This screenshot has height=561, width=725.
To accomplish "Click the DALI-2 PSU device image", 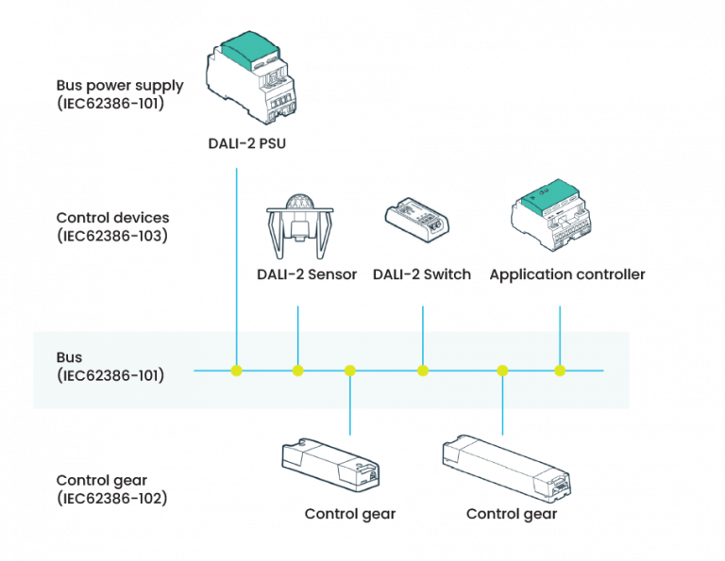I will pos(250,77).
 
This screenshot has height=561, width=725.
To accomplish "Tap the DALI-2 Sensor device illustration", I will pos(297,227).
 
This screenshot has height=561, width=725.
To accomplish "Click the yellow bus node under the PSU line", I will pos(236,371).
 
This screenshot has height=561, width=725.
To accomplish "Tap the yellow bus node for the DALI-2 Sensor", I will pos(297,371).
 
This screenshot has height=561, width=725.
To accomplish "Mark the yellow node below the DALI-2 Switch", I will pos(423,371).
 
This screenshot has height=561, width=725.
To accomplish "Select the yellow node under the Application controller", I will pos(560,371).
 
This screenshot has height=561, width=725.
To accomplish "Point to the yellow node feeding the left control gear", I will pos(350,371).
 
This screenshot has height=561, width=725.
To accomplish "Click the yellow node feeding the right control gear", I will pos(502,371).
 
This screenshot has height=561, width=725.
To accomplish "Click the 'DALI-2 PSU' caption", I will pos(247,145).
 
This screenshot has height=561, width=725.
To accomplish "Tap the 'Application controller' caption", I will pos(566,275).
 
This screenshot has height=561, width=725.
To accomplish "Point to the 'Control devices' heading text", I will pos(112,218).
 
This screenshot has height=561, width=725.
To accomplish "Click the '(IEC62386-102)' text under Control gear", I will pos(111,497).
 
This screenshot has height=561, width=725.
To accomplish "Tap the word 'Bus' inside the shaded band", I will pos(69,358).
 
